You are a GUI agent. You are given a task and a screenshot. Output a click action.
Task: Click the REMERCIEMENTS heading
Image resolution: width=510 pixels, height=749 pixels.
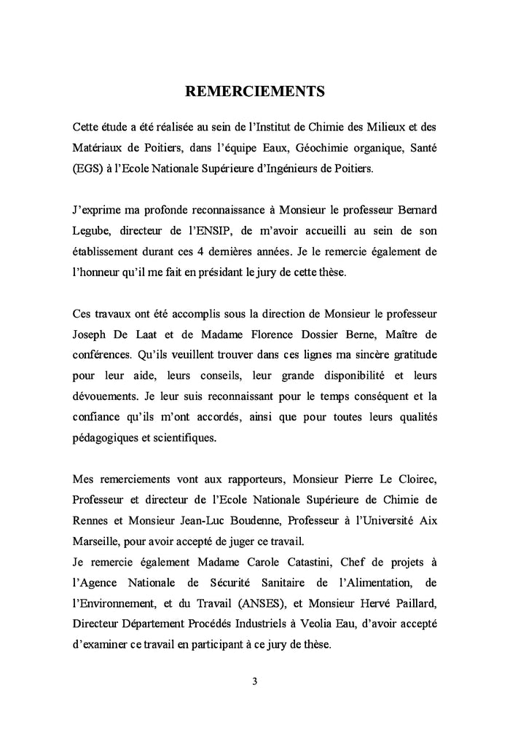[x=254, y=92]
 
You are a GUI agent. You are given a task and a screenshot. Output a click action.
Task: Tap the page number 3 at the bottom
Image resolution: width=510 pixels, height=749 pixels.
[x=254, y=683]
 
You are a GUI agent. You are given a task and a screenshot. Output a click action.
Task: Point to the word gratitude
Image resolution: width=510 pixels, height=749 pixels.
[x=410, y=356]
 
